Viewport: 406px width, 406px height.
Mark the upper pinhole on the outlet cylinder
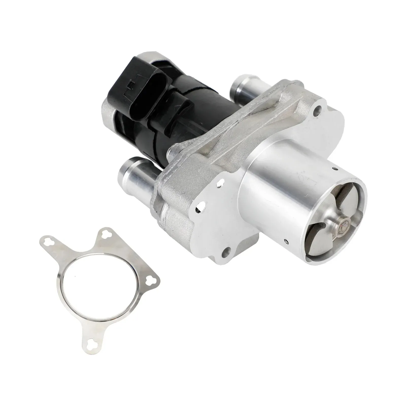click(335, 168)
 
